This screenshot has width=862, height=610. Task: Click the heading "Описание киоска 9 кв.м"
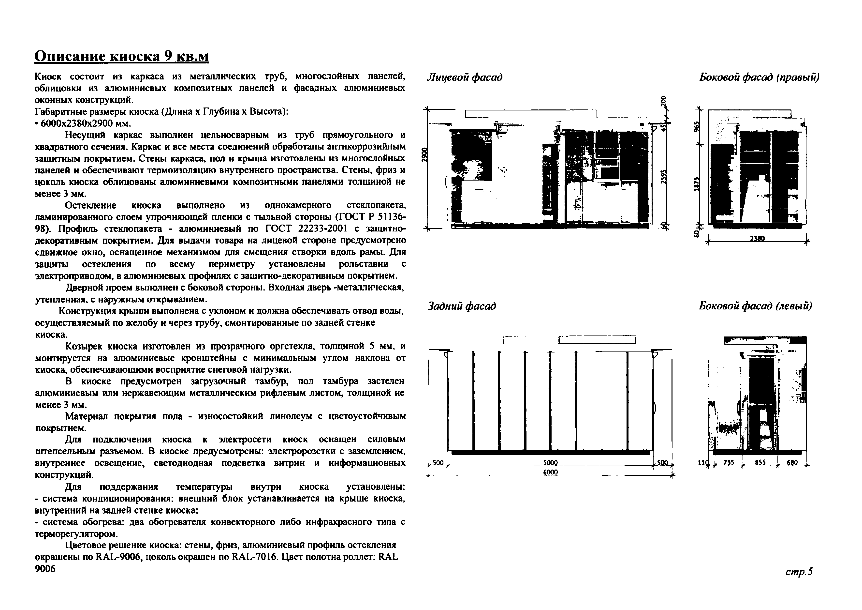pos(121,56)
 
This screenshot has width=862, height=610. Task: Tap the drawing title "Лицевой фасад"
pos(465,77)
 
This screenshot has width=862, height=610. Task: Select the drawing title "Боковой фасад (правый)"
pos(759,77)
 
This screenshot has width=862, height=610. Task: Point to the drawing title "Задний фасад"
pos(462,306)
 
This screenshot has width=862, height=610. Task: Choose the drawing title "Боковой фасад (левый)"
pos(755,306)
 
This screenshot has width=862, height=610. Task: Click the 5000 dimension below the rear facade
pos(550,463)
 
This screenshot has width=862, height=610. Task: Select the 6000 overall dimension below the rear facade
pos(550,472)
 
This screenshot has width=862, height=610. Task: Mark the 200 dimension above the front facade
pos(664,101)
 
